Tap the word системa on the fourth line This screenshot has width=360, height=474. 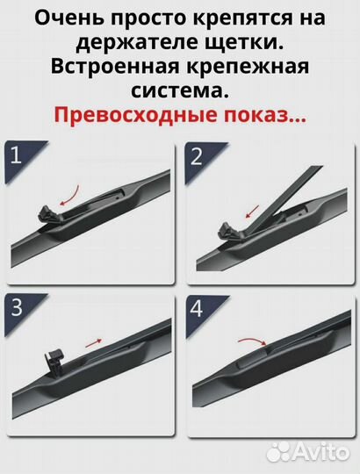tap(179, 92)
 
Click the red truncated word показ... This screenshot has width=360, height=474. tap(268, 117)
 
